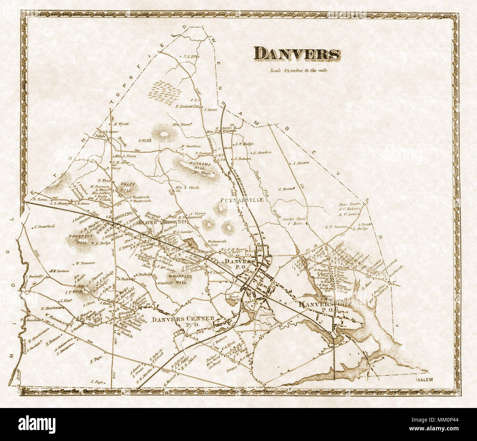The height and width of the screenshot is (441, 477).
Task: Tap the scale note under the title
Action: (x=298, y=70)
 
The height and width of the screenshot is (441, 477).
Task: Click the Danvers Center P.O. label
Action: (x=182, y=321)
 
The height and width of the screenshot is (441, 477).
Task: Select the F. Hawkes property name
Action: (x=262, y=152)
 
